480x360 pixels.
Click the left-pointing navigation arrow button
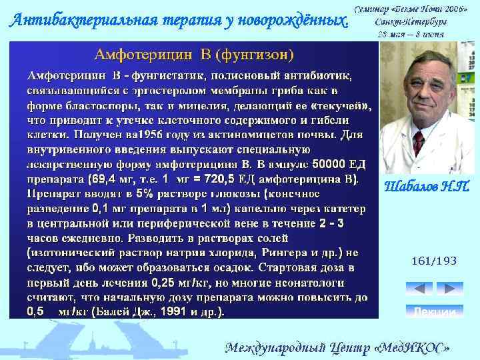pos(419,289)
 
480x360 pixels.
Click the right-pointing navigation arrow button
pos(449,289)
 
